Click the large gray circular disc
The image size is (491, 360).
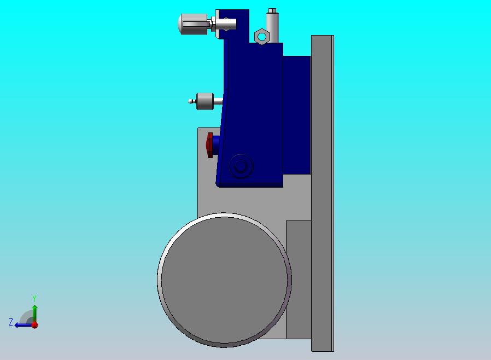pos(224,280)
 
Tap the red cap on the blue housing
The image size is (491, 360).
pos(209,145)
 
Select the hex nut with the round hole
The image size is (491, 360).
pos(261,37)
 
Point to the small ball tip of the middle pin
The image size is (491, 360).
pos(190,101)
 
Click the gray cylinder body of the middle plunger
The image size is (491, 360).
pos(205,101)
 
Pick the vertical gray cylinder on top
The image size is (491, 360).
pos(272,27)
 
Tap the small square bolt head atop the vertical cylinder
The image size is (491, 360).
pos(272,10)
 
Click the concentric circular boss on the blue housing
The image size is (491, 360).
pos(241,166)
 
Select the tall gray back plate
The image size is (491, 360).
pos(323,193)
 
